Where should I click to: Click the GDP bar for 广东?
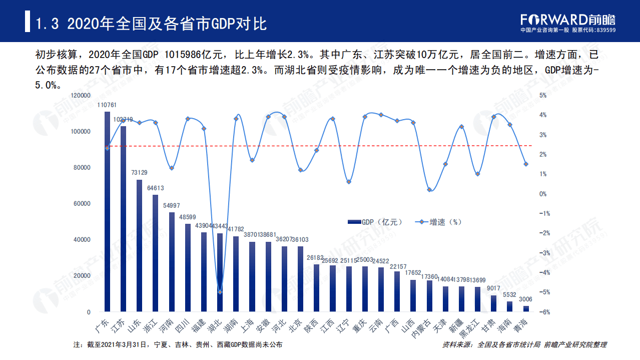coord(107,210)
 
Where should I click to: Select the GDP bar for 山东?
coord(139,245)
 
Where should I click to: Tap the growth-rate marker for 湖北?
coord(219,292)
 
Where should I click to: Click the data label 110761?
coord(107,105)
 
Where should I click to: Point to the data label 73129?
coord(139,173)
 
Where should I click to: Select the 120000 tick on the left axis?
coord(81,95)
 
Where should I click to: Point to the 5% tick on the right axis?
coord(543,95)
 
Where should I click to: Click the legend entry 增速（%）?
coord(437,222)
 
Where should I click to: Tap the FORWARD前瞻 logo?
coord(567,20)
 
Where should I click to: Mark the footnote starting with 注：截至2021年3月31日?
coord(178,345)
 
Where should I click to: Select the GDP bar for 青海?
coord(526,309)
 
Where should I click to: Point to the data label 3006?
coord(526,299)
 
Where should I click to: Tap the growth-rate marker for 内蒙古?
coord(429,189)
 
